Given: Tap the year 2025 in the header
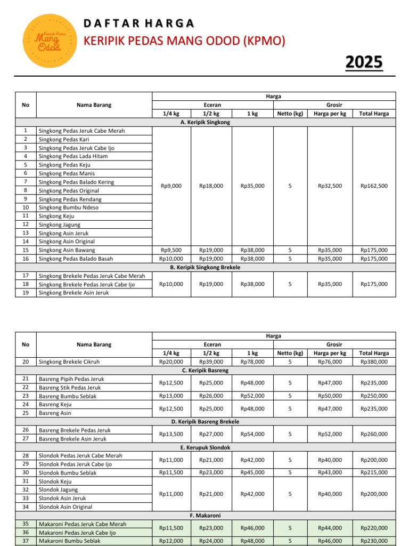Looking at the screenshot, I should pyautogui.click(x=364, y=63).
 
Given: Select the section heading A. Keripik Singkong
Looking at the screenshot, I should pyautogui.click(x=205, y=122).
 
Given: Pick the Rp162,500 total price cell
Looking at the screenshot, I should pyautogui.click(x=374, y=186).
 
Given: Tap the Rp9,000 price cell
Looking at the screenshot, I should pyautogui.click(x=171, y=186).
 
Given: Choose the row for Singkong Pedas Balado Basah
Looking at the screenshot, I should pyautogui.click(x=76, y=259).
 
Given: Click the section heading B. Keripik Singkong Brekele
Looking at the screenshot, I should pyautogui.click(x=205, y=267).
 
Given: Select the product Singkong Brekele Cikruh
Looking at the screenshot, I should pyautogui.click(x=69, y=362).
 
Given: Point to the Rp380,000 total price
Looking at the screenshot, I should pyautogui.click(x=374, y=362).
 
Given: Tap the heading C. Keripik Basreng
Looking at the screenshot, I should pyautogui.click(x=205, y=370).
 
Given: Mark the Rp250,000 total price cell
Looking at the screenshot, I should pyautogui.click(x=374, y=396).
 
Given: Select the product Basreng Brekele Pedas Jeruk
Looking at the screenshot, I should pyautogui.click(x=75, y=430).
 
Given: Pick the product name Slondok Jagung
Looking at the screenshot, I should pyautogui.click(x=59, y=489).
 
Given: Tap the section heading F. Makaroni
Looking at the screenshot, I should pyautogui.click(x=205, y=516).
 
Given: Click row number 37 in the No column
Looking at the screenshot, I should pyautogui.click(x=25, y=541).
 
